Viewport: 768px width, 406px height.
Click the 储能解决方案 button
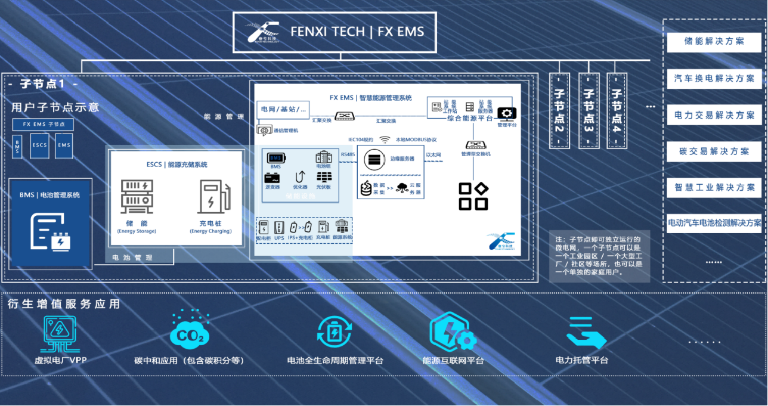pyautogui.click(x=714, y=42)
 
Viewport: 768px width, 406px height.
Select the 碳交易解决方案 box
pyautogui.click(x=714, y=151)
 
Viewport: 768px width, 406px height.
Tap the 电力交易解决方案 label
pyautogui.click(x=714, y=115)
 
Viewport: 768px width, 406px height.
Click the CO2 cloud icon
pyautogui.click(x=190, y=335)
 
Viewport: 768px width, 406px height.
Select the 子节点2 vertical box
pyautogui.click(x=559, y=111)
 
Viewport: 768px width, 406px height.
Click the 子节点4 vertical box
pyautogui.click(x=617, y=111)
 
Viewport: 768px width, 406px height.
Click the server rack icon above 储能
pyautogui.click(x=137, y=197)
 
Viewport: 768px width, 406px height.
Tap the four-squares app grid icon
pyautogui.click(x=473, y=196)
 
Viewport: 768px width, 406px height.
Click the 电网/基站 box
pyautogui.click(x=284, y=109)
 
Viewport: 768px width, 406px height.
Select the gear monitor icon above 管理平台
pyautogui.click(x=506, y=113)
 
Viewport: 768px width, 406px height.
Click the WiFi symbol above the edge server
pyautogui.click(x=385, y=140)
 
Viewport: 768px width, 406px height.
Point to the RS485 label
pyautogui.click(x=348, y=154)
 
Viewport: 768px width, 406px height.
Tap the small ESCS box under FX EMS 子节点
pyautogui.click(x=40, y=145)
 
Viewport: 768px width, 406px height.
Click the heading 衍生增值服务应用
pyautogui.click(x=64, y=304)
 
